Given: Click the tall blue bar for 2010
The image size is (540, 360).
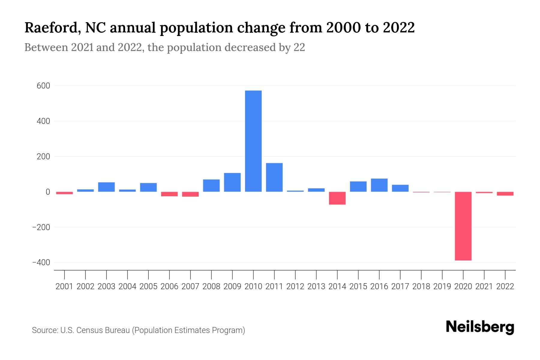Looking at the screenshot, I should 253,141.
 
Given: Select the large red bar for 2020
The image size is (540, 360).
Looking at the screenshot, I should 463,226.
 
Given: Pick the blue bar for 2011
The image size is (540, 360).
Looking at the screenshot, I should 274,177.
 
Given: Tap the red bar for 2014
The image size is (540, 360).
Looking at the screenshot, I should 337,198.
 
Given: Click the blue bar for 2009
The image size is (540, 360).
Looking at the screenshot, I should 232,182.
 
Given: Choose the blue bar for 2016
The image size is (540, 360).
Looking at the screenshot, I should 379,185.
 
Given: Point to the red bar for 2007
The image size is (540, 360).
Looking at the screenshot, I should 190,194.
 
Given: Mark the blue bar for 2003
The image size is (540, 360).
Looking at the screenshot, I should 106,187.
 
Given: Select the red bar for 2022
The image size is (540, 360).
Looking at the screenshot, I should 505,194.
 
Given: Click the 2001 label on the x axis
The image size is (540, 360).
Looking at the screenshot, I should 64,286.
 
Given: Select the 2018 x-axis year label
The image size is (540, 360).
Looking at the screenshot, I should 421,286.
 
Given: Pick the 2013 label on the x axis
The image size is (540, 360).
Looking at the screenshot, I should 316,286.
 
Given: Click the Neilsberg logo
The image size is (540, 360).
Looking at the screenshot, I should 480,327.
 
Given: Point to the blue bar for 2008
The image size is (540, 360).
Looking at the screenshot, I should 211,185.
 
